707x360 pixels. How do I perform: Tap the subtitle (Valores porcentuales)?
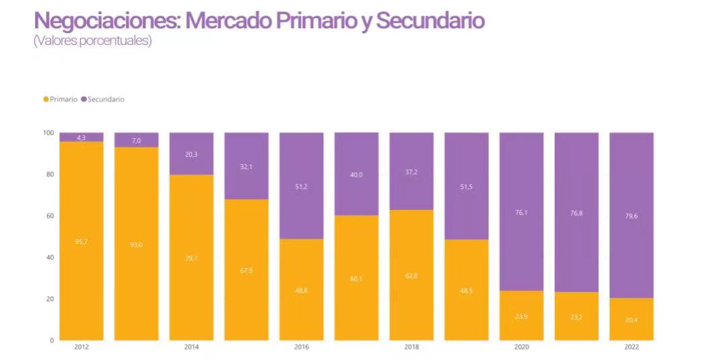pos(93,41)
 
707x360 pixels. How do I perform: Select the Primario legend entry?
pos(61,99)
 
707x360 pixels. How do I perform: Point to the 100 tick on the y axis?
pos(48,133)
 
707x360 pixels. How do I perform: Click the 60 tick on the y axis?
pos(50,216)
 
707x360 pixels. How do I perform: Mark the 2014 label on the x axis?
pos(191,347)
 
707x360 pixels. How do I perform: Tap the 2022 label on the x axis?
pos(631,347)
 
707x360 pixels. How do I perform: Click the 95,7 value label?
pos(81,241)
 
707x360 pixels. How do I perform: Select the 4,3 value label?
pos(81,138)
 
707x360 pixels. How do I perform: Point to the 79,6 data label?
pos(631,217)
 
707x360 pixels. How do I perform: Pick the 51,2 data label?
pos(302,187)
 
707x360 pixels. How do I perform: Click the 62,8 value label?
pos(411,276)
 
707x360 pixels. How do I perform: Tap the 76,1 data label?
pos(521,213)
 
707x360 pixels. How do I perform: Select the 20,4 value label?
pos(631,320)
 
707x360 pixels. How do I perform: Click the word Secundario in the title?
pos(430,20)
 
